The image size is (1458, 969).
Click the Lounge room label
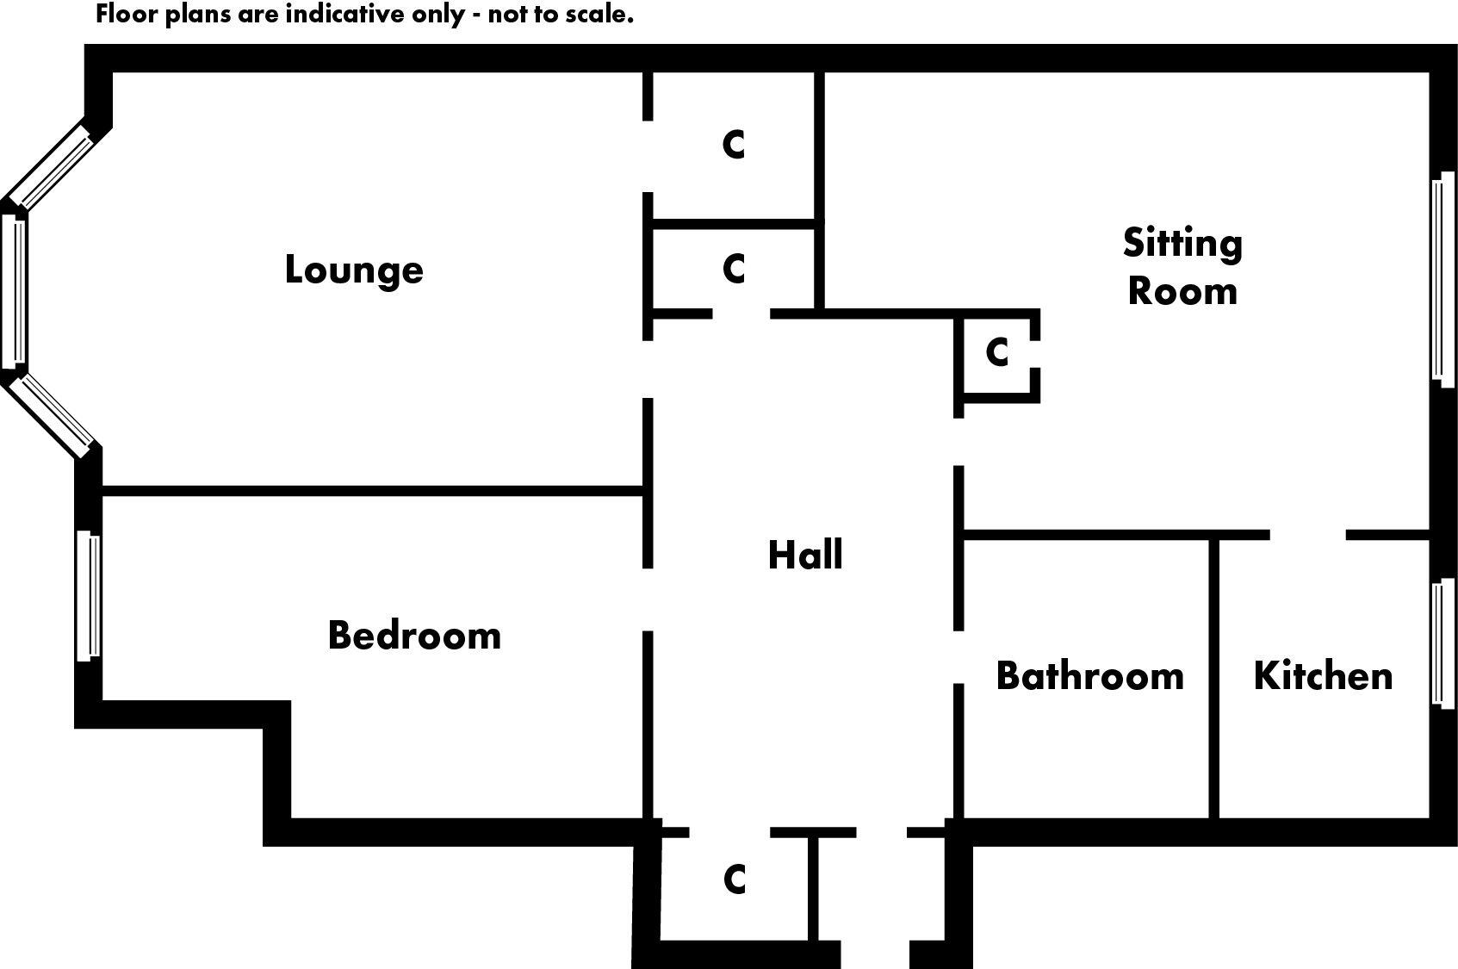coord(354,270)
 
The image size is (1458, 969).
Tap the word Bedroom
coord(414,636)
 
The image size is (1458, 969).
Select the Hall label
coord(805,556)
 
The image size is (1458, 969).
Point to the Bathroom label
coord(1089,676)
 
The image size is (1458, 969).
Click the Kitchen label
coord(1323,676)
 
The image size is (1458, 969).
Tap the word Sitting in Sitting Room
coord(1182,244)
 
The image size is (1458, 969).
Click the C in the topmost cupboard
coord(734,145)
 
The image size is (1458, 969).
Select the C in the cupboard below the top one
coord(734,269)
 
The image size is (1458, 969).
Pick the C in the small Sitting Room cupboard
coord(997,352)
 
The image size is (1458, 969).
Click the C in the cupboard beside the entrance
coord(735,879)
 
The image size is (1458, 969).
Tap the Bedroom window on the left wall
coord(88,596)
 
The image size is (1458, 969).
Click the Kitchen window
coord(1442,643)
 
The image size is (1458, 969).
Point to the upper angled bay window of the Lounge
coord(50,167)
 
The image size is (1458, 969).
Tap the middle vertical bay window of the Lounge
coord(14,290)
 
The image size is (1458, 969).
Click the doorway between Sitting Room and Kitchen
coord(1307,535)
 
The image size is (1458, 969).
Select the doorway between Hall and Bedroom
coord(648,599)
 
